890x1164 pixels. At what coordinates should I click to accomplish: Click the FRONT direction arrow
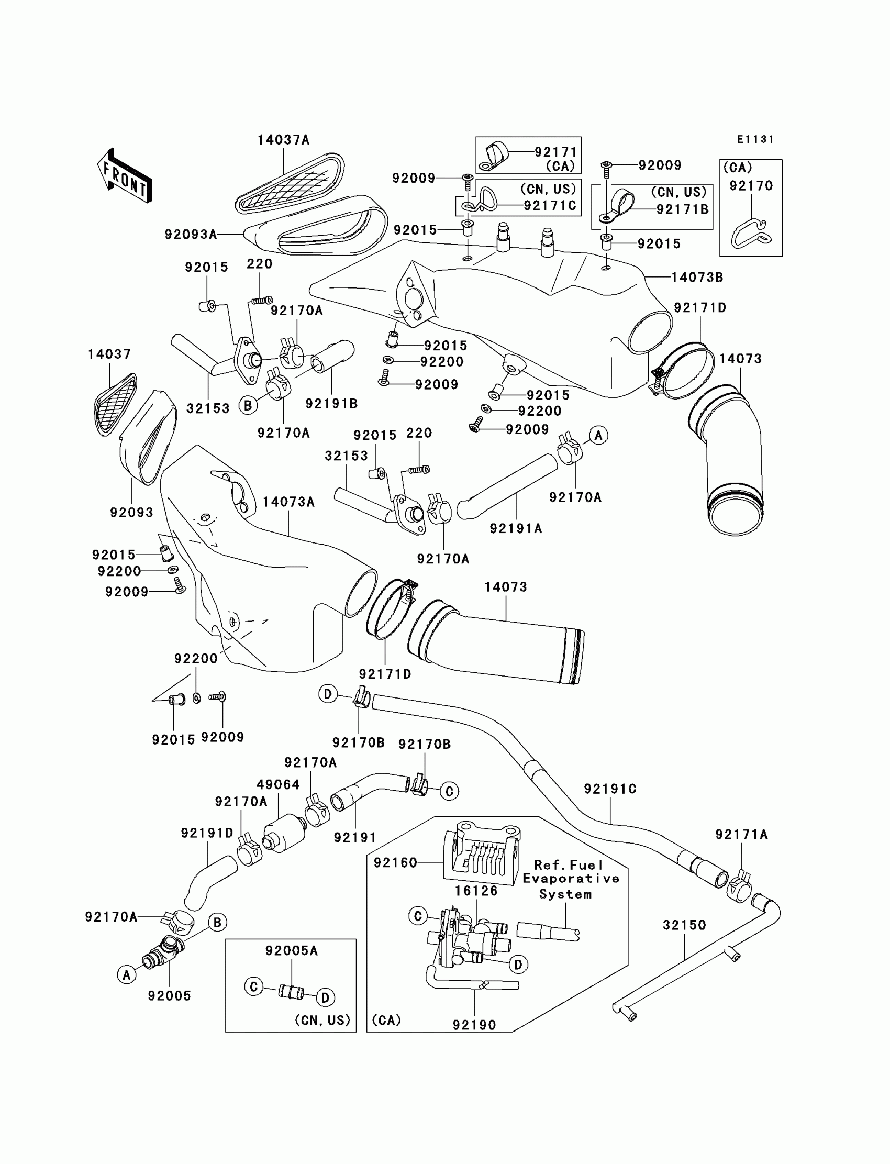click(x=125, y=176)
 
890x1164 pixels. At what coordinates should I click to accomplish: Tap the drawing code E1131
click(x=755, y=139)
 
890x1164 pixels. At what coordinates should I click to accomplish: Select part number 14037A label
click(x=283, y=140)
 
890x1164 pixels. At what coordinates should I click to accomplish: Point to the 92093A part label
click(x=191, y=234)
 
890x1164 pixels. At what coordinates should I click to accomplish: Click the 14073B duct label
click(x=697, y=277)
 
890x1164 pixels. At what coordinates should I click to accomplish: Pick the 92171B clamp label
click(x=682, y=209)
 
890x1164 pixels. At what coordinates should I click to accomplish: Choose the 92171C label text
click(x=549, y=206)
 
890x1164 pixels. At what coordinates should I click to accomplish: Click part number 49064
click(x=278, y=784)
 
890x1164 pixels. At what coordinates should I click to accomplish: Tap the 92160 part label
click(x=395, y=862)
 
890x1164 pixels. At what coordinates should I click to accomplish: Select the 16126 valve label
click(x=476, y=891)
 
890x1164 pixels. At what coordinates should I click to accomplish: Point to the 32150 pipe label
click(x=684, y=925)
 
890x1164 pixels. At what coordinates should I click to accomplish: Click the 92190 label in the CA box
click(x=474, y=1025)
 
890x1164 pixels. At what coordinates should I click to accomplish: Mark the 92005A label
click(x=292, y=950)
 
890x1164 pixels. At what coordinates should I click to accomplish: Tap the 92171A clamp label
click(x=741, y=835)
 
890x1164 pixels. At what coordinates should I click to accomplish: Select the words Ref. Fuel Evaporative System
click(x=571, y=879)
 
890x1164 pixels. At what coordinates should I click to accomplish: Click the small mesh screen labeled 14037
click(x=115, y=404)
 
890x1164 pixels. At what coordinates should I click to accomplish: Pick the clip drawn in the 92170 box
click(x=751, y=233)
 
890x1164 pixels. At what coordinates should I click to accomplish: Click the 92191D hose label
click(x=207, y=833)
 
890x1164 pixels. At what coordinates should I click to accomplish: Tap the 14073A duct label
click(x=288, y=502)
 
